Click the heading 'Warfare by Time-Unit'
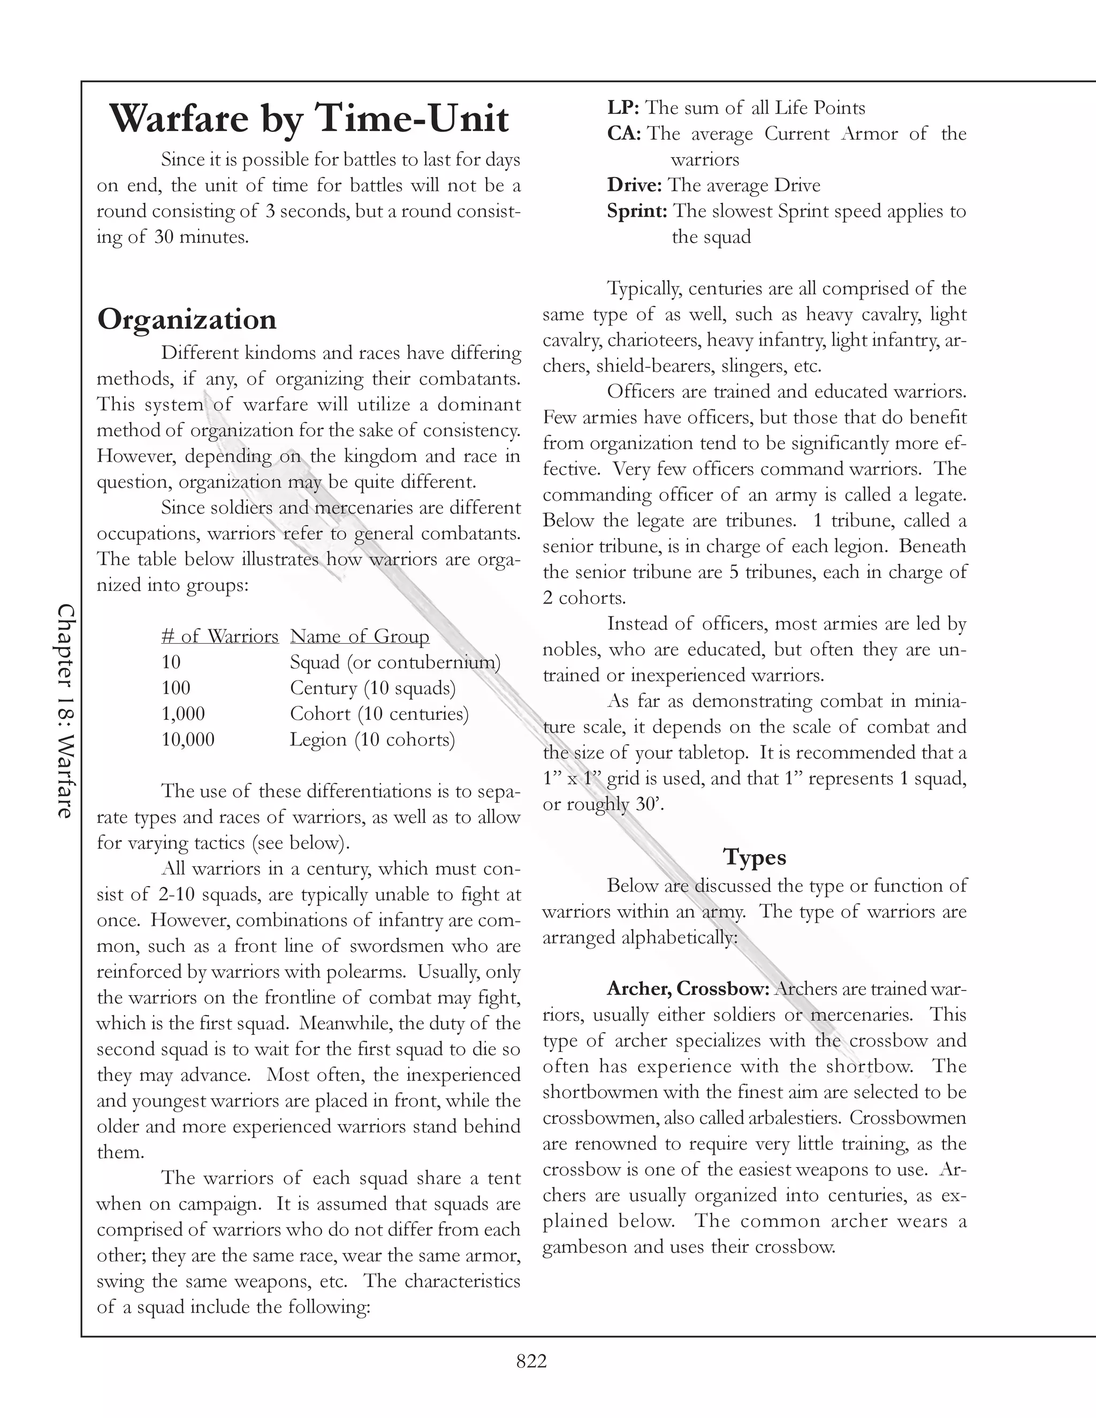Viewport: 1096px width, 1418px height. pos(309,119)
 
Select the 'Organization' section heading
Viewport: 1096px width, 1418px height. pos(187,319)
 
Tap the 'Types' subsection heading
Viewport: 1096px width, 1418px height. pos(755,857)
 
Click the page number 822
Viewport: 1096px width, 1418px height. pos(531,1361)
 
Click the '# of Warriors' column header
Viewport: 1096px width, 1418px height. pos(219,636)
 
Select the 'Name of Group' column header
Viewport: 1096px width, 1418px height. pos(360,636)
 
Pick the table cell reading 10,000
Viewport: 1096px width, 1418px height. pos(188,739)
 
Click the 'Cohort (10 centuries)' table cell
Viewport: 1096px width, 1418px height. pos(379,713)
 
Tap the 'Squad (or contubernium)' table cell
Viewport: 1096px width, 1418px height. pos(395,662)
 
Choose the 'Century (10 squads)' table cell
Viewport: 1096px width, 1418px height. pos(372,688)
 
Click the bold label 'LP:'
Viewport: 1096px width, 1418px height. pos(623,108)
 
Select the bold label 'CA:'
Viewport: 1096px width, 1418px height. pos(624,134)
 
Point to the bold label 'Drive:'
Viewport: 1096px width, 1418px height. pos(634,185)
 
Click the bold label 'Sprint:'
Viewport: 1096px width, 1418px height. pos(637,211)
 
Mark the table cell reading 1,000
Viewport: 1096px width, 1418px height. pos(183,713)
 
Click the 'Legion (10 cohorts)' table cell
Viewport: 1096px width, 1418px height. pos(372,739)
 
